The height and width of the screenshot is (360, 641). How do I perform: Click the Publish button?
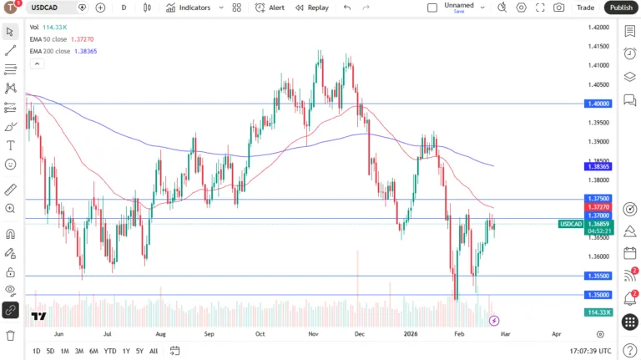[x=621, y=8]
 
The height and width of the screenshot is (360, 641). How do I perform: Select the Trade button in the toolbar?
[x=585, y=8]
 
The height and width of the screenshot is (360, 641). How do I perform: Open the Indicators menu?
[x=189, y=8]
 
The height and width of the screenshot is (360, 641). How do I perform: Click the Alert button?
[x=270, y=8]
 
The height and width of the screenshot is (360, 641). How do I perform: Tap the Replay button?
[x=311, y=8]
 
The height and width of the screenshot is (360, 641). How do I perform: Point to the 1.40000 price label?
[x=599, y=104]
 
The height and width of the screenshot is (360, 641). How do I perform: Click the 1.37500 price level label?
[x=599, y=199]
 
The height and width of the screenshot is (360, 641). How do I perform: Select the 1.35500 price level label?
[x=599, y=276]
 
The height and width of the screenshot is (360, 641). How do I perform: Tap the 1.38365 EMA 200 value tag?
[x=599, y=167]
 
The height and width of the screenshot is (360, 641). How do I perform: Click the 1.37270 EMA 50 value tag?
[x=599, y=207]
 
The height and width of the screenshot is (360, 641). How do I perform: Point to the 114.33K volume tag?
[x=599, y=312]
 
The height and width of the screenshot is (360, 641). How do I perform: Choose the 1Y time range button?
[x=126, y=352]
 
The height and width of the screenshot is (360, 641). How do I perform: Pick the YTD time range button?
[x=109, y=352]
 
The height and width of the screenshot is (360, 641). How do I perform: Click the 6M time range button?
[x=93, y=352]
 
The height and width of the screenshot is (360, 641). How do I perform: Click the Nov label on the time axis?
[x=313, y=332]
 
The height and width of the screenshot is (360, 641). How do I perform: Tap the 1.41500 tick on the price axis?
[x=598, y=46]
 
